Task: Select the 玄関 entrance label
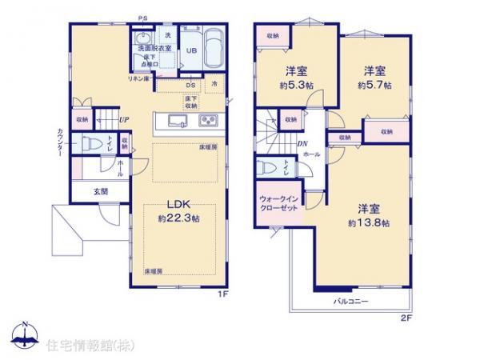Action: click(99, 191)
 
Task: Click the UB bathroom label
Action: click(192, 50)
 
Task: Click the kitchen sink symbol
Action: click(177, 122)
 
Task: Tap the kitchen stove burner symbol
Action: click(209, 122)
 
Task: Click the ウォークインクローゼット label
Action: click(279, 203)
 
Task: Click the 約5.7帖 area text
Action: click(374, 84)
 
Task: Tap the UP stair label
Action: click(124, 121)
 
